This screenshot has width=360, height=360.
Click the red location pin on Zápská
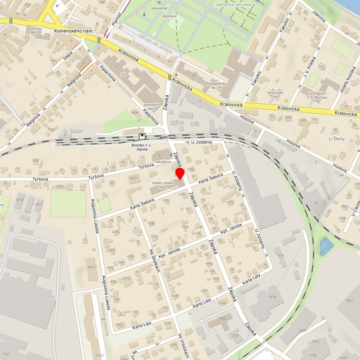tap(180, 174)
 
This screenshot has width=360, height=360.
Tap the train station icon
tap(143, 136)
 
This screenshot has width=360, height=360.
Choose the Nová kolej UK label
tap(278, 95)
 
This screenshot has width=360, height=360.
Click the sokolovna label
tap(163, 163)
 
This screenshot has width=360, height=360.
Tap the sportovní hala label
tap(151, 107)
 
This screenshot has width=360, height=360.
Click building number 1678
tap(272, 297)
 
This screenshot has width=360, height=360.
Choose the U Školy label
tap(337, 138)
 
